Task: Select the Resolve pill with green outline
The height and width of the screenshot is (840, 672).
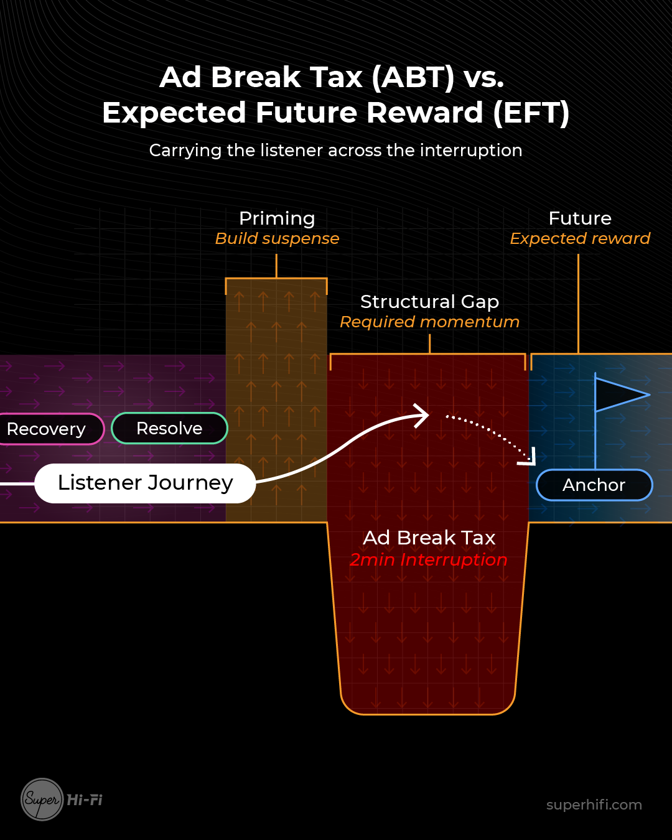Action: (169, 428)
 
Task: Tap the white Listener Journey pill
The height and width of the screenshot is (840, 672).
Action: (145, 483)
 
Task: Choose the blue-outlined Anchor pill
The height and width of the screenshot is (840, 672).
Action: (594, 485)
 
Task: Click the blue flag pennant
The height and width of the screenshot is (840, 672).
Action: (619, 394)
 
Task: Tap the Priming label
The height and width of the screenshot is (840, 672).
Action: (277, 218)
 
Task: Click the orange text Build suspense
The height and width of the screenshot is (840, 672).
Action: (277, 239)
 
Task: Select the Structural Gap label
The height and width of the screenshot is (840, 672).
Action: (429, 302)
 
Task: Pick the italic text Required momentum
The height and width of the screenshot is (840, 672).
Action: (429, 322)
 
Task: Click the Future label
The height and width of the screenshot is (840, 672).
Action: (580, 218)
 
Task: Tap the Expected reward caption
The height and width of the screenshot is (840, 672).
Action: (580, 239)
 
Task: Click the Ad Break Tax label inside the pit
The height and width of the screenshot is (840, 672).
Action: (429, 538)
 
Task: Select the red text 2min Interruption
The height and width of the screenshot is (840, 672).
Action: (429, 560)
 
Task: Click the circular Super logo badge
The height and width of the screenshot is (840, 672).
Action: (42, 800)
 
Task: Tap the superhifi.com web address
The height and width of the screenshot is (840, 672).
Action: (594, 805)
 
